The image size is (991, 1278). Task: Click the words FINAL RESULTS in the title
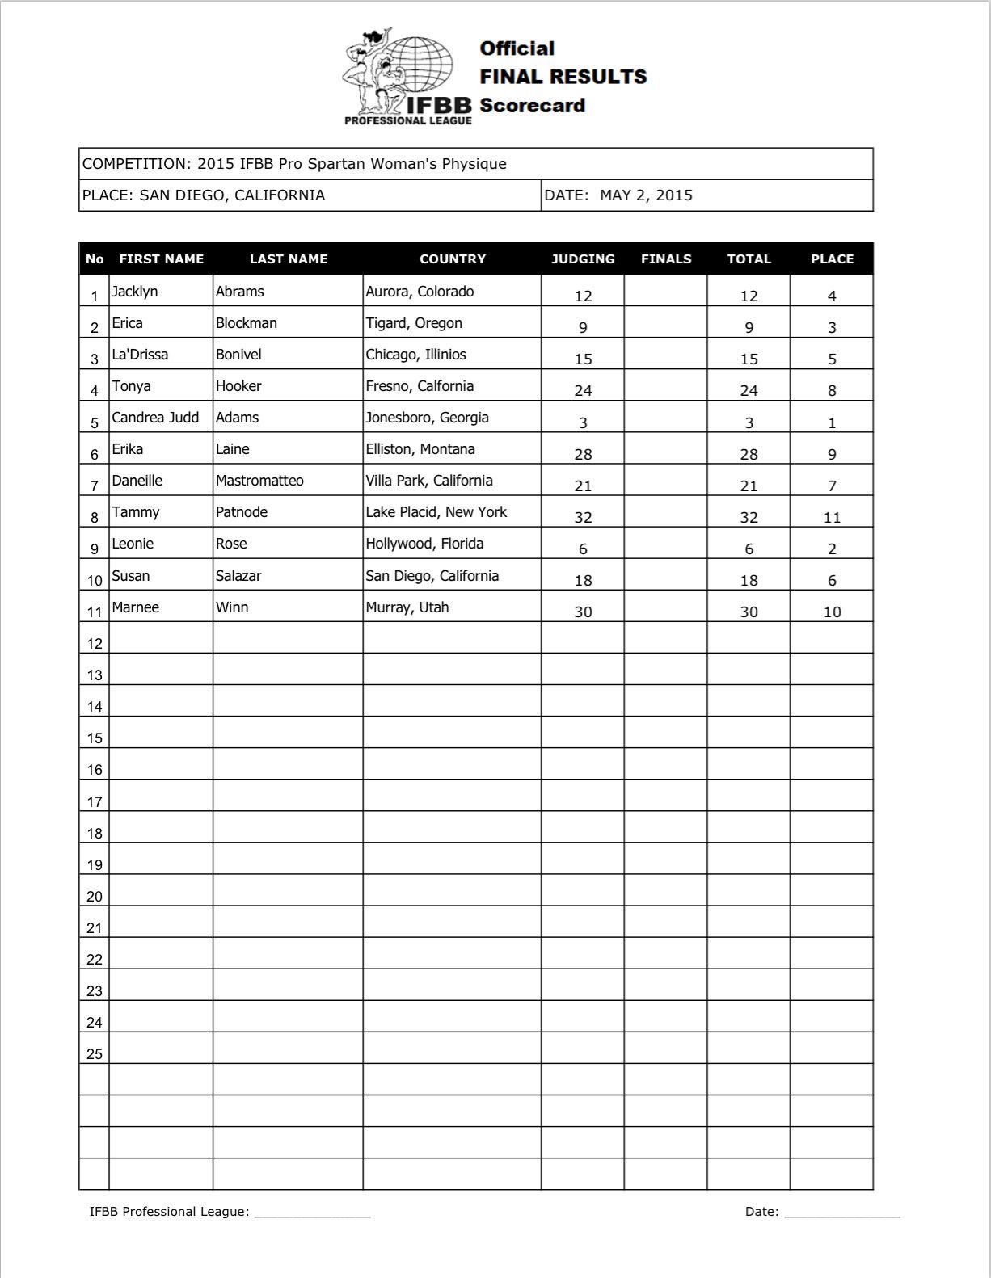pyautogui.click(x=563, y=77)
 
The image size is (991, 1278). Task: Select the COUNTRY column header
pyautogui.click(x=452, y=259)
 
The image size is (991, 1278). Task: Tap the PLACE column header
pyautogui.click(x=832, y=259)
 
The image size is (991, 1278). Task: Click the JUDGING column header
pyautogui.click(x=583, y=259)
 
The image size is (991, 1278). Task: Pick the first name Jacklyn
pyautogui.click(x=135, y=292)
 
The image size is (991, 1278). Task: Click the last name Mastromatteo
pyautogui.click(x=259, y=481)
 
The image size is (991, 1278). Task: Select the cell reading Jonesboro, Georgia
pyautogui.click(x=427, y=418)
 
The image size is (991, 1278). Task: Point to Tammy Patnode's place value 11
pyautogui.click(x=832, y=518)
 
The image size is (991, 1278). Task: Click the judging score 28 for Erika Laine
pyautogui.click(x=583, y=455)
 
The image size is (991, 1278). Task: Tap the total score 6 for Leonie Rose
pyautogui.click(x=749, y=549)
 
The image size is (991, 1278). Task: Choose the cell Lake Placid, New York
pyautogui.click(x=436, y=512)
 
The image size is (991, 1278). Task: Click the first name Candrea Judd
pyautogui.click(x=155, y=418)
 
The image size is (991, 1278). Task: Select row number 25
pyautogui.click(x=95, y=1054)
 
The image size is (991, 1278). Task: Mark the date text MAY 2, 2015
pyautogui.click(x=646, y=195)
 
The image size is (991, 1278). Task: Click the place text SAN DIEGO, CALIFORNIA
pyautogui.click(x=232, y=195)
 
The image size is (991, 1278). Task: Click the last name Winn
pyautogui.click(x=232, y=607)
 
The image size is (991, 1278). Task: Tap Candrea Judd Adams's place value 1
pyautogui.click(x=832, y=423)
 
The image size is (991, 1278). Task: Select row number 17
pyautogui.click(x=95, y=802)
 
